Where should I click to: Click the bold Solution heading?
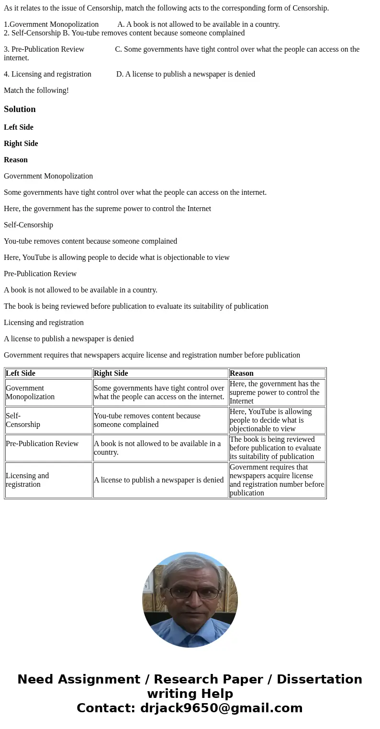click(x=20, y=109)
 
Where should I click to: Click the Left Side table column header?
click(x=21, y=373)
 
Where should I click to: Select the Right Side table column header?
click(x=111, y=373)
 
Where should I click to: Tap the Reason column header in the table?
click(x=242, y=373)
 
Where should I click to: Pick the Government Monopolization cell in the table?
click(x=30, y=393)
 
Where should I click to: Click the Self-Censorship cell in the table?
click(x=23, y=420)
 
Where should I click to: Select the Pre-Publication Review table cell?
click(x=42, y=444)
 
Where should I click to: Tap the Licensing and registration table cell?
click(x=27, y=480)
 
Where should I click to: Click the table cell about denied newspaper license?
click(x=159, y=480)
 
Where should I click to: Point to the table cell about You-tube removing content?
click(x=147, y=420)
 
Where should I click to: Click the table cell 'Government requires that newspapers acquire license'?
click(x=277, y=480)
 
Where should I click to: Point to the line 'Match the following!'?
click(x=36, y=90)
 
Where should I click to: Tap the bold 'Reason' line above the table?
click(x=16, y=160)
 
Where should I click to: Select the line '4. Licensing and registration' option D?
click(x=129, y=74)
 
